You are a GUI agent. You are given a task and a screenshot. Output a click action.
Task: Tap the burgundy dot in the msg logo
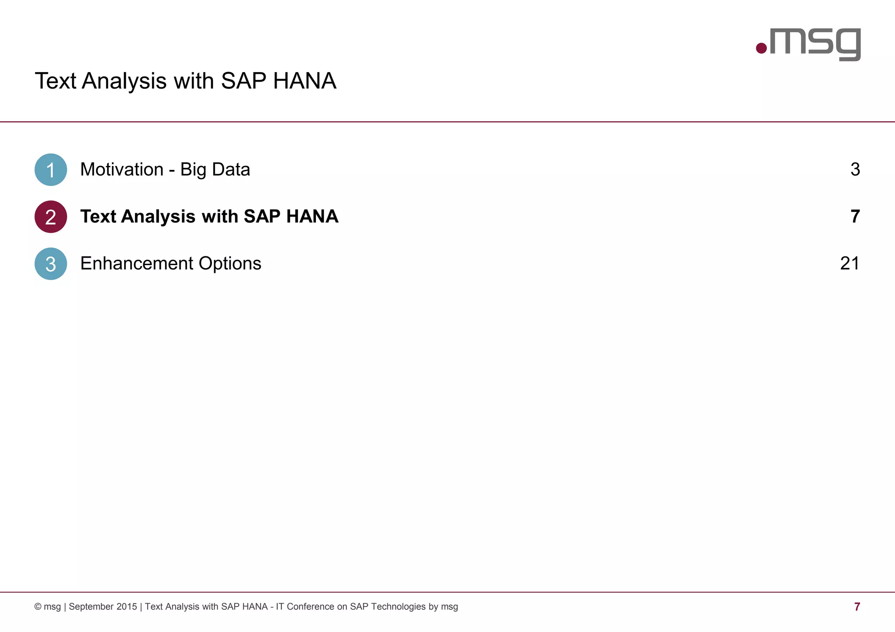tap(761, 48)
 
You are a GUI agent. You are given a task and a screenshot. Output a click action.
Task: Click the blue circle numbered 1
tap(51, 169)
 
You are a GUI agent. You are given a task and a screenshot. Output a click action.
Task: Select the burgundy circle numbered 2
tap(51, 217)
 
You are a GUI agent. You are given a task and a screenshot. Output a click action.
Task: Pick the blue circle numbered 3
tap(51, 264)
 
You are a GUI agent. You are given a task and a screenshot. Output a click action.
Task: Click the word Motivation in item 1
tap(122, 169)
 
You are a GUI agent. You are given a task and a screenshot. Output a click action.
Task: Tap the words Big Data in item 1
tap(215, 169)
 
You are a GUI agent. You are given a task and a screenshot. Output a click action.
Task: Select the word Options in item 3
tap(230, 263)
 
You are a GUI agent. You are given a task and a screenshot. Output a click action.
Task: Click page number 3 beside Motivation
tap(855, 169)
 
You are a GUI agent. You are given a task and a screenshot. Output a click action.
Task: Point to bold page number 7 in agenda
tap(855, 217)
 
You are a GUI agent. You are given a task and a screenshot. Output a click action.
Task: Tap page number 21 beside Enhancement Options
tap(850, 263)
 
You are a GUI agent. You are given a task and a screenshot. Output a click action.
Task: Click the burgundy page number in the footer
tap(857, 607)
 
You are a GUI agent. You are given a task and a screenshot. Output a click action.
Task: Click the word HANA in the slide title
tap(305, 81)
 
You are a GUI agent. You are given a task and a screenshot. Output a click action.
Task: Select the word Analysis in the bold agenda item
tap(158, 217)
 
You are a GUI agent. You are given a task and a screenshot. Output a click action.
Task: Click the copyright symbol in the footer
tap(38, 607)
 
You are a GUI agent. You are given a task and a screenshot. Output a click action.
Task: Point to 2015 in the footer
tap(127, 607)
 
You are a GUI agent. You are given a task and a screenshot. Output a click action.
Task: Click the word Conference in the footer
tap(310, 607)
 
